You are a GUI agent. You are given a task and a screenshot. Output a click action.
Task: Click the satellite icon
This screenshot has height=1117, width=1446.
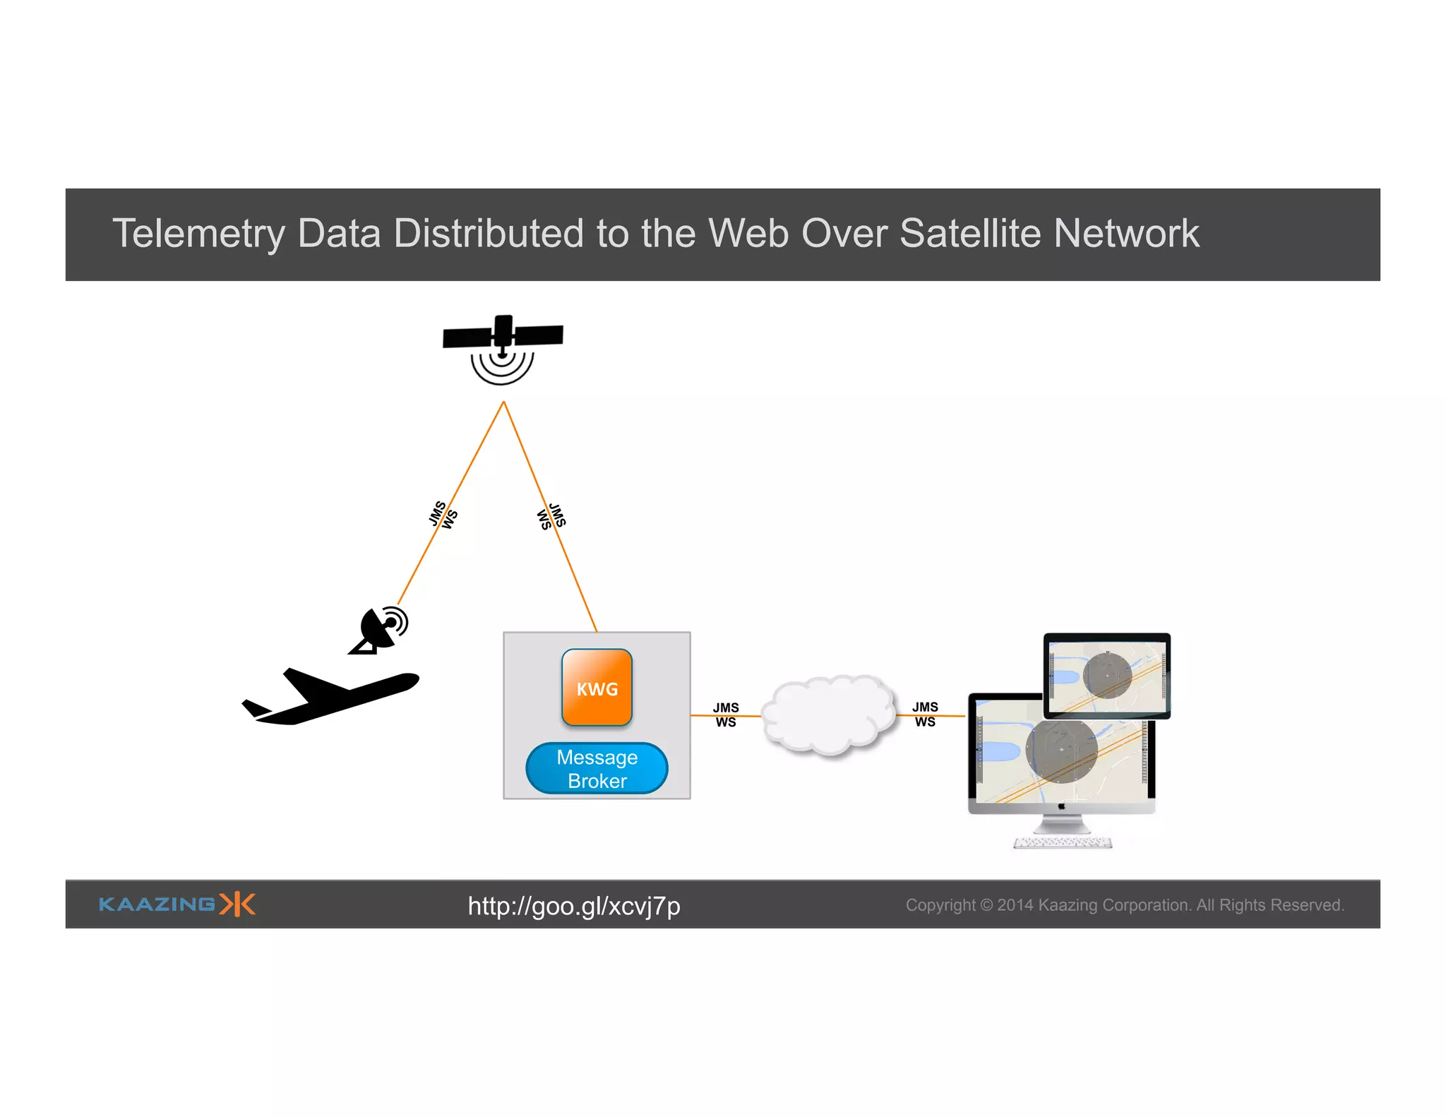(x=503, y=346)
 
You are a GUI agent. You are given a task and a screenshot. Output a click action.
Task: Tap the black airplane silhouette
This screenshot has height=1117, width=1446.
(x=332, y=696)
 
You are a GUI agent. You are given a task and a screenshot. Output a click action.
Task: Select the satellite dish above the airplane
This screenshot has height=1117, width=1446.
(x=380, y=630)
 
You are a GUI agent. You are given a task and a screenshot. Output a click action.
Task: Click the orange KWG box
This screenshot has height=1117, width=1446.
(x=597, y=688)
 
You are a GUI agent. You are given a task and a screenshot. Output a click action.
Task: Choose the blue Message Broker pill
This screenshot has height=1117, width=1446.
(x=597, y=768)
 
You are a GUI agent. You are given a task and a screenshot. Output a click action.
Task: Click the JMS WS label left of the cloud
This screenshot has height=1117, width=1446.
(x=726, y=715)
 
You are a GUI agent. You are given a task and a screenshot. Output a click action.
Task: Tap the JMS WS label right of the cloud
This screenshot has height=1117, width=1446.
(x=925, y=714)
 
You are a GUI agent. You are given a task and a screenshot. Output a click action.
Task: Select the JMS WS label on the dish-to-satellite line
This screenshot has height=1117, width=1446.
(x=443, y=515)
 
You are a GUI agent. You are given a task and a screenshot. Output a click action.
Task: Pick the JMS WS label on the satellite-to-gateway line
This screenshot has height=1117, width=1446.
(x=551, y=516)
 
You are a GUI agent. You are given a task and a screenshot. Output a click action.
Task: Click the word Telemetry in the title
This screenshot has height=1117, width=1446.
(x=198, y=234)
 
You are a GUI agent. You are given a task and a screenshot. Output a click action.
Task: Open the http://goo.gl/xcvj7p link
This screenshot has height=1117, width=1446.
(x=573, y=906)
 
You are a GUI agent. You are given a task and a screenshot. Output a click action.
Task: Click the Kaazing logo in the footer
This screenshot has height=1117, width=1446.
(x=177, y=904)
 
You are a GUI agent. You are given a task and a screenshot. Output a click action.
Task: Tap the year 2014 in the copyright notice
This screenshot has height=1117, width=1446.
(x=1015, y=905)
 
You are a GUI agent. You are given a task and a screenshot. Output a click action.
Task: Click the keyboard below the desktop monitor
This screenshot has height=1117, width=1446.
(x=1063, y=842)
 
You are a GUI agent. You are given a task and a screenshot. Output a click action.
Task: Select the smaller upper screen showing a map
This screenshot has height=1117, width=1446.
(x=1106, y=676)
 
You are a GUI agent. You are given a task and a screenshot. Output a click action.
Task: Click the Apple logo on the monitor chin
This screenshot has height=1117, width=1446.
(x=1062, y=806)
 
